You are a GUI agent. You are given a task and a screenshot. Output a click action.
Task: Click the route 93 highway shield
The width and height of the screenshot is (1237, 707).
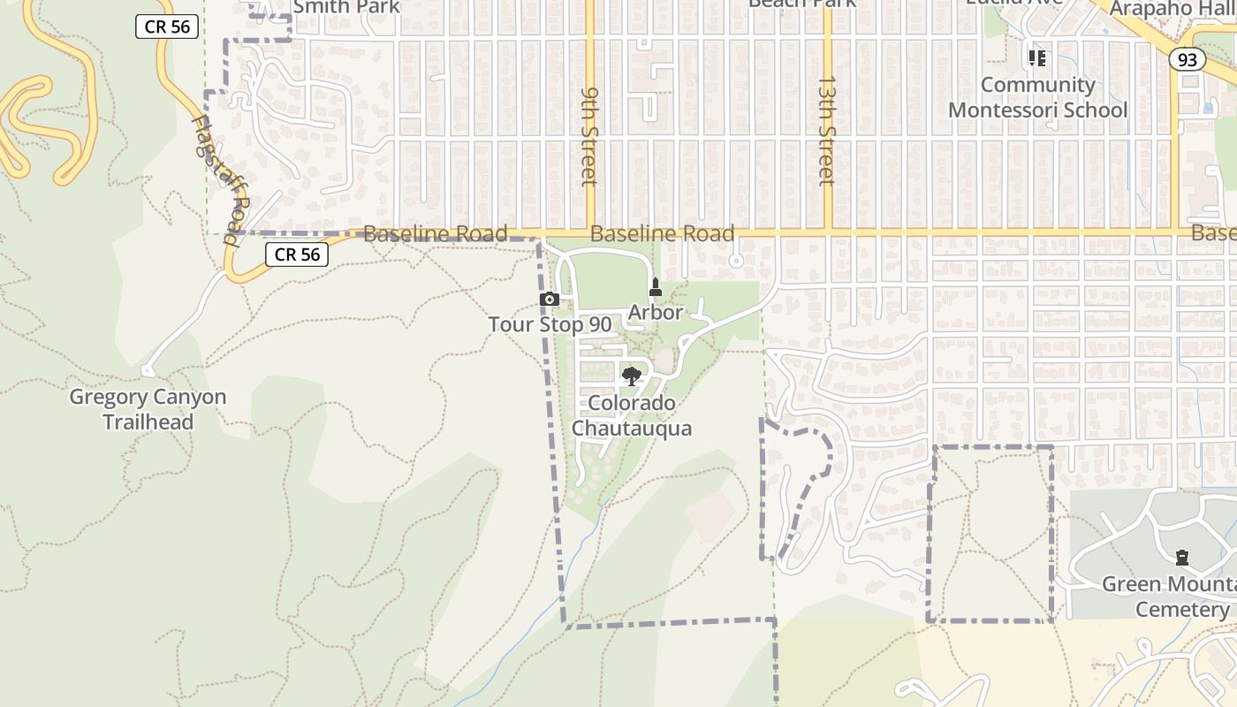tap(1188, 59)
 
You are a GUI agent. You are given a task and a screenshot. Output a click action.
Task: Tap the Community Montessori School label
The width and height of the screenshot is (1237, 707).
tap(1037, 97)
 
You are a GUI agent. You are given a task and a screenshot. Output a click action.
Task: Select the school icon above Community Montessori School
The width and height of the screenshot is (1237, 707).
tap(1037, 58)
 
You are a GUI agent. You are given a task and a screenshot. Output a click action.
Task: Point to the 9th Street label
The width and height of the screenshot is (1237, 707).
tap(589, 135)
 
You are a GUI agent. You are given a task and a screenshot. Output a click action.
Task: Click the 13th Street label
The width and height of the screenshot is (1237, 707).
tap(826, 130)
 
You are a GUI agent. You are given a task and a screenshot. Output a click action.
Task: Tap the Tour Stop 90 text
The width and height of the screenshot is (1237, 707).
tap(550, 324)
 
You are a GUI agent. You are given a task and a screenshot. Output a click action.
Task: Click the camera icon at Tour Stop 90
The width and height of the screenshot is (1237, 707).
tap(550, 300)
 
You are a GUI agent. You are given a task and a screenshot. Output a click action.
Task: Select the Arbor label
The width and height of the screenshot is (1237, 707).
tap(655, 312)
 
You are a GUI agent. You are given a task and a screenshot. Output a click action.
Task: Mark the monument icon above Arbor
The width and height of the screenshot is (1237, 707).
tap(656, 287)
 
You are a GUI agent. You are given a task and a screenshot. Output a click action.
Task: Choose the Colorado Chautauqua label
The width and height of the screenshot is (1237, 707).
tap(631, 415)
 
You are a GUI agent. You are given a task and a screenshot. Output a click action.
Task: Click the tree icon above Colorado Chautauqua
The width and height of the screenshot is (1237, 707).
tap(631, 376)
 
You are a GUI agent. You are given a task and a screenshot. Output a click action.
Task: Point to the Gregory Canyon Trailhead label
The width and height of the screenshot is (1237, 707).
tap(148, 409)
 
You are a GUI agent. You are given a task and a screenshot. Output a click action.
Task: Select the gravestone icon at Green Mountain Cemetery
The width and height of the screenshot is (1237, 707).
tap(1182, 558)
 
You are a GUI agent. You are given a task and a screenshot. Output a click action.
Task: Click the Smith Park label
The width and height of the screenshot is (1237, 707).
tap(345, 7)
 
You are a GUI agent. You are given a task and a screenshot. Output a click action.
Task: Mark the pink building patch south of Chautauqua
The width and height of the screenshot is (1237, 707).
tap(710, 515)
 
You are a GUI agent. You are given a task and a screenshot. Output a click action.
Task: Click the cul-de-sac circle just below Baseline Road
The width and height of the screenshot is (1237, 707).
tap(735, 261)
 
